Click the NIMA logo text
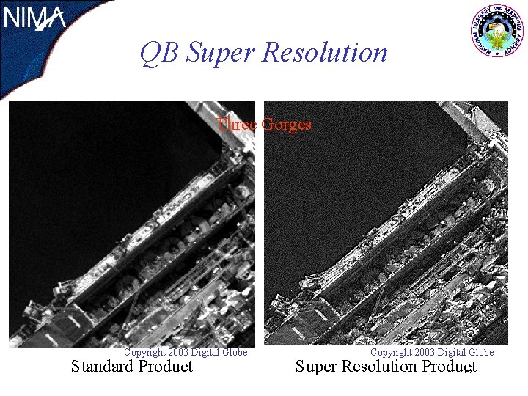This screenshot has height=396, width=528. [34, 18]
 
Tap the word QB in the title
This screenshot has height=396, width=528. [160, 53]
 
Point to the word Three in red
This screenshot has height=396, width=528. [236, 125]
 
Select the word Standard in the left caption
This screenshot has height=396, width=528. [103, 367]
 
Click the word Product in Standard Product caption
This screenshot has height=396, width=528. [166, 367]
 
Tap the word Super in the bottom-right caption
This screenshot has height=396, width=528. [317, 367]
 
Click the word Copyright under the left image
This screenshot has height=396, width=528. [144, 353]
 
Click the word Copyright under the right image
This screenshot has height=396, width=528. [391, 353]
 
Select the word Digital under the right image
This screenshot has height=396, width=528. [452, 353]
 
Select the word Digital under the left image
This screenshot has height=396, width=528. [205, 353]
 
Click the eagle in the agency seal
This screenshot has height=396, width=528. [499, 32]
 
